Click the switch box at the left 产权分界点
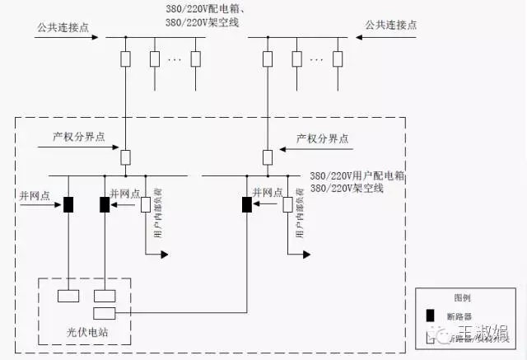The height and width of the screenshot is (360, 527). (126, 157)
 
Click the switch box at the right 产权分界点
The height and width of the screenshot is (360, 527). (267, 157)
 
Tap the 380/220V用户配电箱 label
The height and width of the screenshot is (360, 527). (351, 176)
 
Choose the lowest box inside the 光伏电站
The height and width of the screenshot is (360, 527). (105, 312)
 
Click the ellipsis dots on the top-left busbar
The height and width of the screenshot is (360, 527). (175, 59)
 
